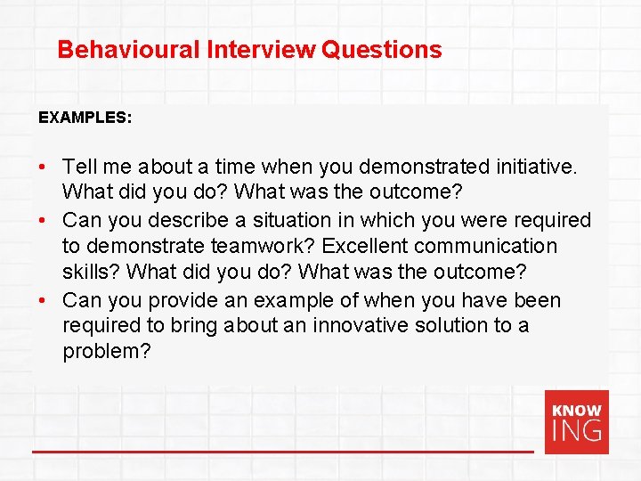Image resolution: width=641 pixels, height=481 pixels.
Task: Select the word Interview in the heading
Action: (261, 50)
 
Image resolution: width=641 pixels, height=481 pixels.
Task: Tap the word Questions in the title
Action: (382, 50)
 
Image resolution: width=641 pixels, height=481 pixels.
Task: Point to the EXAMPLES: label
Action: (85, 117)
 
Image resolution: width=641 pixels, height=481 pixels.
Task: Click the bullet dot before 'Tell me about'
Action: (43, 167)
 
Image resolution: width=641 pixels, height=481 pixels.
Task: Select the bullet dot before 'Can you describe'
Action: (43, 220)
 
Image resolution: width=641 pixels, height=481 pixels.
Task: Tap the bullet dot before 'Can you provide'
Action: (43, 300)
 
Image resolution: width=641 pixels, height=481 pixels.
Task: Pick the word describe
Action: (197, 220)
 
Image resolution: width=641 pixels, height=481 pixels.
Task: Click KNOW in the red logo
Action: (577, 411)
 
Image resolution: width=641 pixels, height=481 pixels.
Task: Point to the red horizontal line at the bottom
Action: (282, 452)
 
